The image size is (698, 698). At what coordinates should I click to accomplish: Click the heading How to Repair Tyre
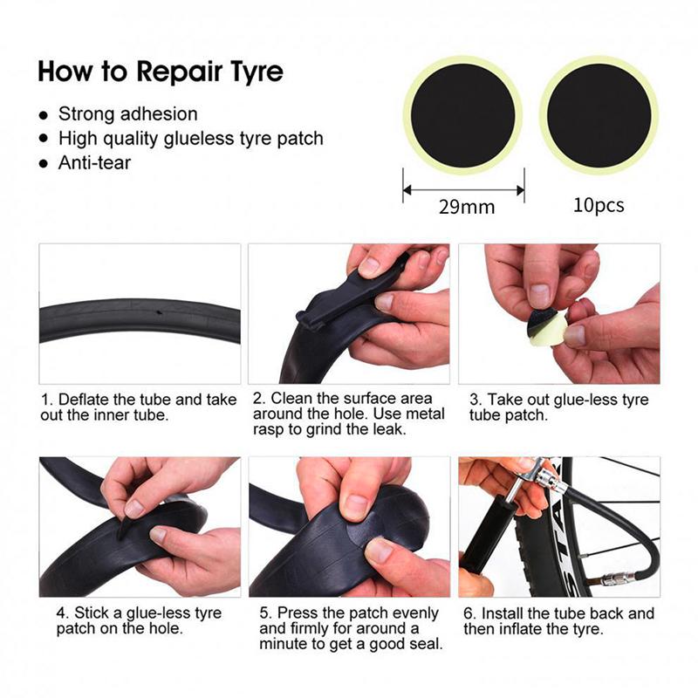point(161,71)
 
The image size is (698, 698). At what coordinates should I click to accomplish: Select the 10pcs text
point(599,206)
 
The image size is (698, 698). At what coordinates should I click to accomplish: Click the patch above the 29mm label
point(462,115)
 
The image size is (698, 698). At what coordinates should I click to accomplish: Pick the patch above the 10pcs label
point(599,115)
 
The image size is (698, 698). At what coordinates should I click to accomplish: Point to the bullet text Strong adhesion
point(127,114)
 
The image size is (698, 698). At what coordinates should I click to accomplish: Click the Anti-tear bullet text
point(94,162)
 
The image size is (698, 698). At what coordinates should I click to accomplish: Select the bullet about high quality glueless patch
point(190,138)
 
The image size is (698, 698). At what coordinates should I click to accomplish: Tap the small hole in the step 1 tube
point(158,311)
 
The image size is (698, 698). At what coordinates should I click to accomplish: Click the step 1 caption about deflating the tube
point(138,407)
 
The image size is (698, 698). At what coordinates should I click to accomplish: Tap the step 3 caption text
point(558,407)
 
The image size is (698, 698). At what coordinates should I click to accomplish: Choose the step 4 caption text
point(138,620)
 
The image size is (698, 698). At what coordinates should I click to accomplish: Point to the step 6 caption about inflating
point(558,620)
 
